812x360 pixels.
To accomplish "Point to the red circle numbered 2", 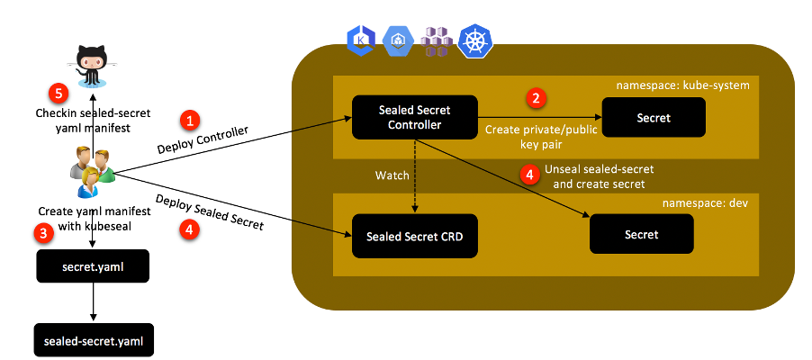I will (x=537, y=97).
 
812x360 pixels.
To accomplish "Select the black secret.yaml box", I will (x=93, y=267).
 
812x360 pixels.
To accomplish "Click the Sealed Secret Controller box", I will (x=414, y=117).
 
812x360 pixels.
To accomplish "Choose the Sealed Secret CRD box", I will (x=415, y=236).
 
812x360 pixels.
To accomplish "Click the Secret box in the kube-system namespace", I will (x=653, y=117).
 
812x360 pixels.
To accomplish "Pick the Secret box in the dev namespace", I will (x=641, y=234).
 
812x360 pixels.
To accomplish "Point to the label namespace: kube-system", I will (x=681, y=85).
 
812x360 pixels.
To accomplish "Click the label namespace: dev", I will (x=707, y=204).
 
